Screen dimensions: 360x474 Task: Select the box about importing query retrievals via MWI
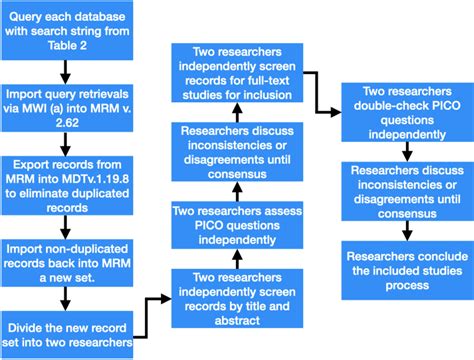point(66,109)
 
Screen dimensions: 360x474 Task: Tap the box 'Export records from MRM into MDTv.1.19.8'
point(66,184)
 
